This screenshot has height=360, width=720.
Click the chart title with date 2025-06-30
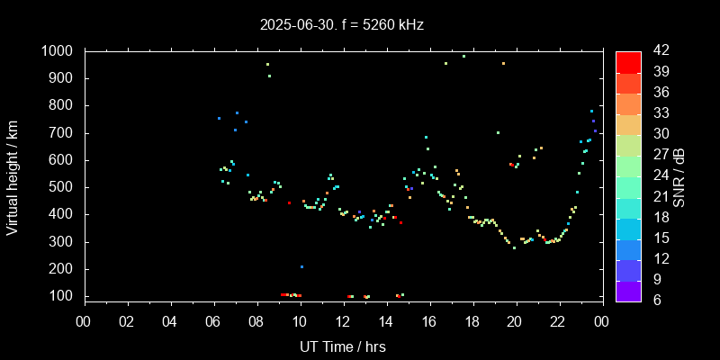coord(341,24)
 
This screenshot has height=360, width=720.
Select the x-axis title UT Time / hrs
coord(342,346)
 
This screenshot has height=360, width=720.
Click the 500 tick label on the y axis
coord(62,187)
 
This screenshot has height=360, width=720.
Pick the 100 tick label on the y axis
coord(62,296)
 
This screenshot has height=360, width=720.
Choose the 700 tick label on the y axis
coord(62,133)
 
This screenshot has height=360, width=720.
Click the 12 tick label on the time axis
coord(343,321)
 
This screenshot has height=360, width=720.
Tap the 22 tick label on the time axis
coord(558,321)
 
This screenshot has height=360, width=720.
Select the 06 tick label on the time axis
coord(213,321)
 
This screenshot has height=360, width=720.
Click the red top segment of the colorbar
coord(628,61)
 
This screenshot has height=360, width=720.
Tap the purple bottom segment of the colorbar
coord(628,290)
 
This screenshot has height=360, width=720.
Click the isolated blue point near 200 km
coord(301,266)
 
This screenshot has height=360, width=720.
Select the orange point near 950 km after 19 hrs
coord(503,64)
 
